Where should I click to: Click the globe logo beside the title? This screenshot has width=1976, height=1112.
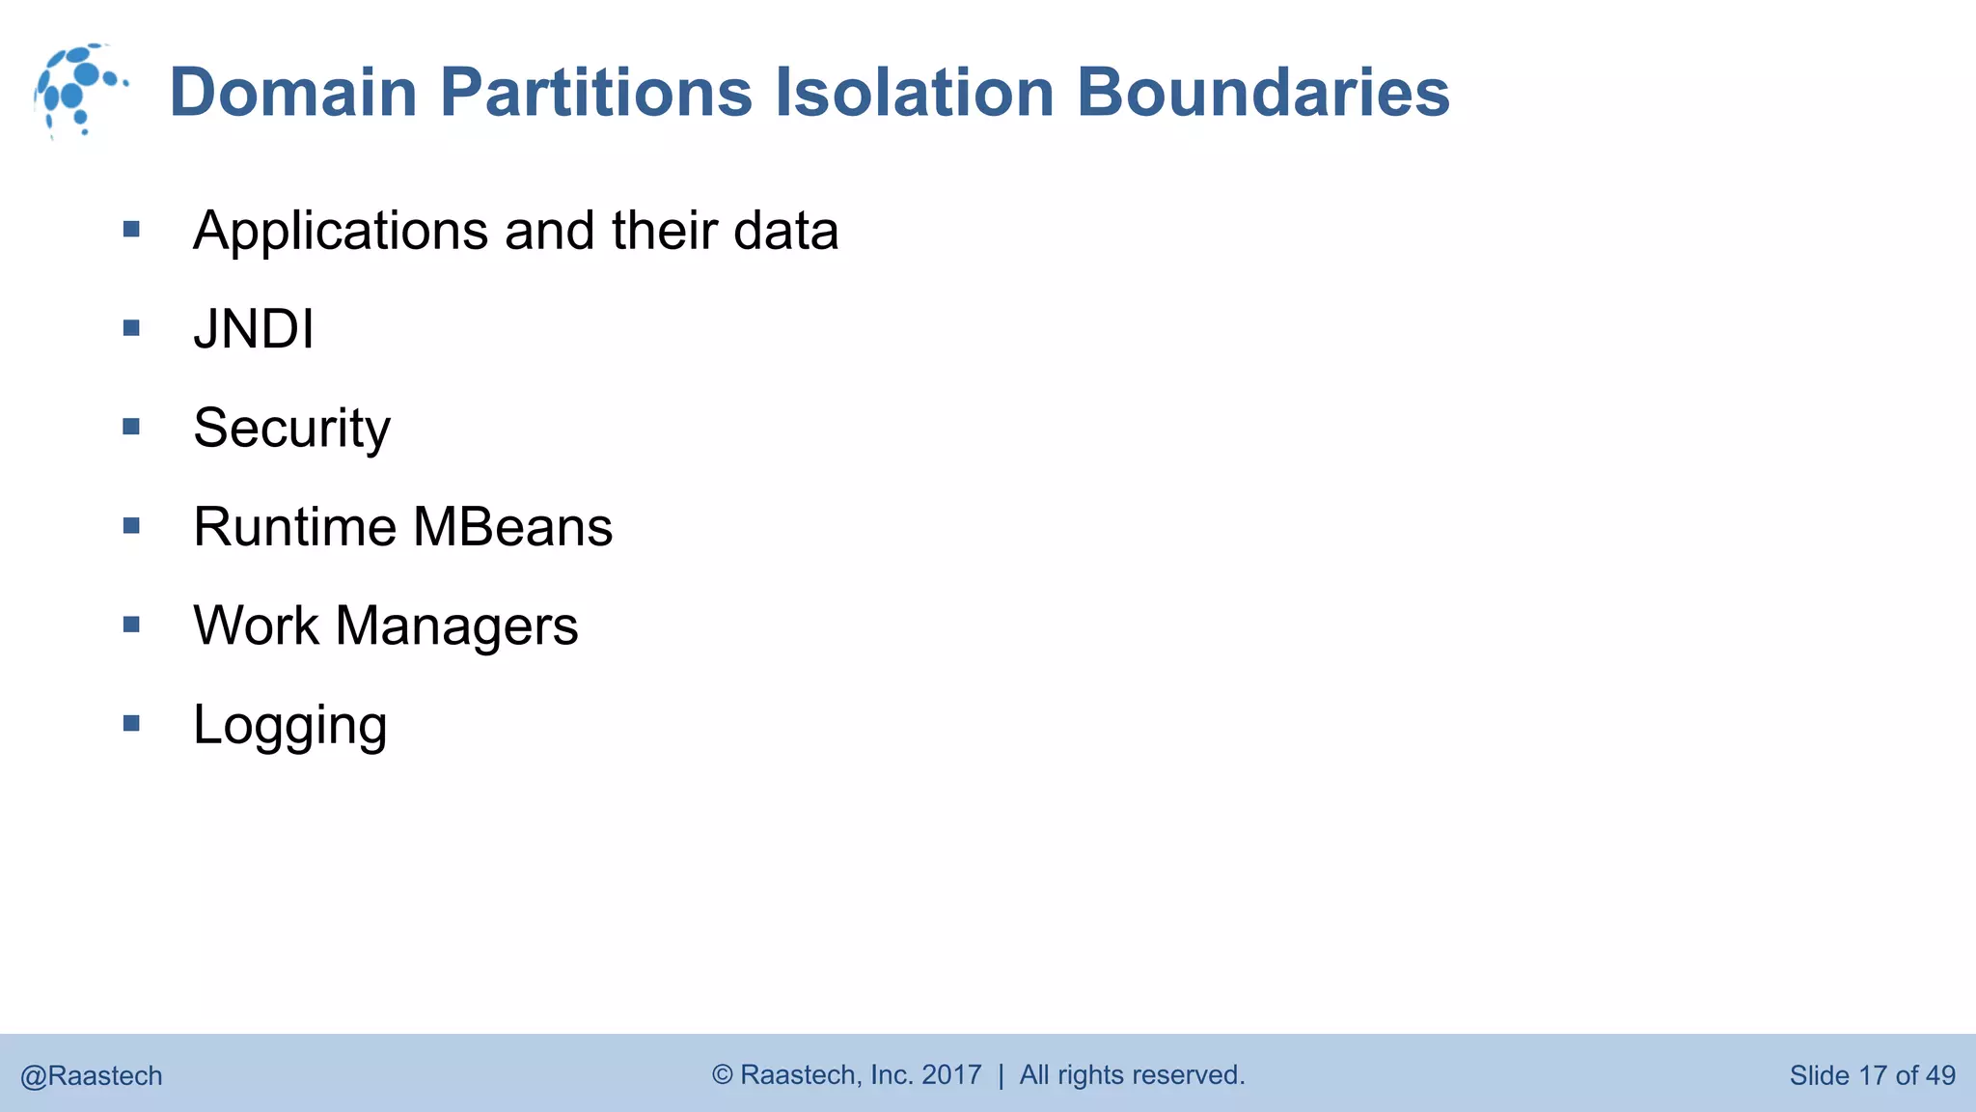pyautogui.click(x=79, y=91)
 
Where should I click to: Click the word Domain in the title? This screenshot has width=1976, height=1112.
pyautogui.click(x=292, y=93)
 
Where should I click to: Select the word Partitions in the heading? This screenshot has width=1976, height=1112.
pyautogui.click(x=595, y=93)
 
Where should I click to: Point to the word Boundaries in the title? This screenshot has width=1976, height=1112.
pyautogui.click(x=1262, y=93)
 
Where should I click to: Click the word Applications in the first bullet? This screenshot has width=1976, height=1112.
pyautogui.click(x=341, y=232)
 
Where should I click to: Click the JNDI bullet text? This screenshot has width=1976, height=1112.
pyautogui.click(x=254, y=329)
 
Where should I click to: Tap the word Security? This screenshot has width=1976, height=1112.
pyautogui.click(x=291, y=428)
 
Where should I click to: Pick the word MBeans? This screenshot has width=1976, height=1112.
pyautogui.click(x=512, y=527)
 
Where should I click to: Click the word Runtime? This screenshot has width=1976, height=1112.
pyautogui.click(x=294, y=527)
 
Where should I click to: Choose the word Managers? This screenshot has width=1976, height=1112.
pyautogui.click(x=456, y=625)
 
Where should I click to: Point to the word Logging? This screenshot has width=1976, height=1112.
pyautogui.click(x=289, y=726)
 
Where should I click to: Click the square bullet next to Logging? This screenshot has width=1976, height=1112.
pyautogui.click(x=132, y=723)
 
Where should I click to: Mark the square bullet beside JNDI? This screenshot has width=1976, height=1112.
pyautogui.click(x=132, y=328)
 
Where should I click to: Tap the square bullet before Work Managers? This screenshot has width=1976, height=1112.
pyautogui.click(x=132, y=625)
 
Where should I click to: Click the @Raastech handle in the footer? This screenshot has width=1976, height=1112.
pyautogui.click(x=92, y=1075)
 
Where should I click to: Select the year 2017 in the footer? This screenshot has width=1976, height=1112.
pyautogui.click(x=951, y=1074)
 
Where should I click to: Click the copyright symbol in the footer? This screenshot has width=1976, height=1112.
pyautogui.click(x=723, y=1074)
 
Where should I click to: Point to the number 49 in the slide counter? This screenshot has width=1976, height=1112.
pyautogui.click(x=1939, y=1075)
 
